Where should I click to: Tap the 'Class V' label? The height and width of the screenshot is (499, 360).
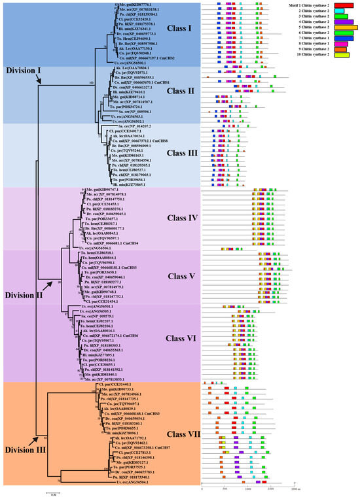pyautogui.click(x=171, y=275)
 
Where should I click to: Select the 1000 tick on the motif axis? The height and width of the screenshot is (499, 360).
pyautogui.click(x=249, y=488)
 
